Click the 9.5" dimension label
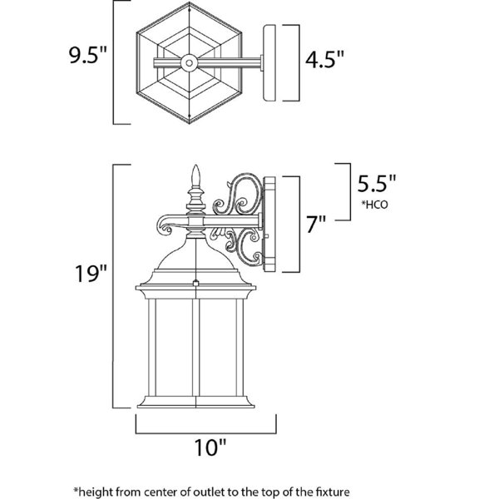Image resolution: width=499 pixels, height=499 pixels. (x=87, y=55)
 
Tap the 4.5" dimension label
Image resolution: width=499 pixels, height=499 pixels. (x=324, y=59)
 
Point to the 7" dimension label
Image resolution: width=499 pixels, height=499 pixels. (x=316, y=224)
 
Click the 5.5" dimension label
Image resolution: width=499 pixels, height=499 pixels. (x=377, y=183)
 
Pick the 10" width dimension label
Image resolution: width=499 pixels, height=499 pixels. (x=210, y=447)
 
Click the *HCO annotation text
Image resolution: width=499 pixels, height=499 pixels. (x=374, y=205)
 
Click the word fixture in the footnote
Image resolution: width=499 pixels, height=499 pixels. (x=333, y=492)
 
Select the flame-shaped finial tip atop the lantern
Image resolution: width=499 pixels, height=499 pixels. (x=195, y=175)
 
